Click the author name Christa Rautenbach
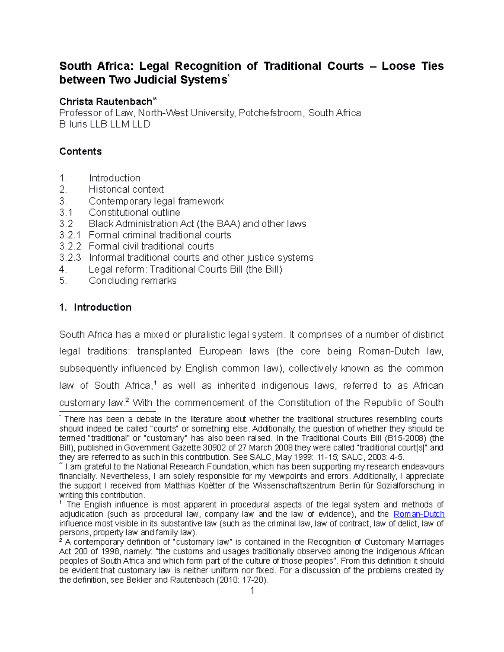(105, 102)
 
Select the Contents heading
(80, 151)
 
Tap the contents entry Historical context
(126, 189)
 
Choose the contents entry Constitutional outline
(134, 212)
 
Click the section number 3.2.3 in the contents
(70, 258)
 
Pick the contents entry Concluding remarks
(132, 280)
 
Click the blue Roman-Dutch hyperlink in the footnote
(419, 514)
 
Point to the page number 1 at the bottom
(252, 591)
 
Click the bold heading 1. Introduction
(95, 307)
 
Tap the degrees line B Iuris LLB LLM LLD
(105, 124)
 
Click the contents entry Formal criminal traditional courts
(160, 235)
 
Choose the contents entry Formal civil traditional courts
(151, 246)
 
